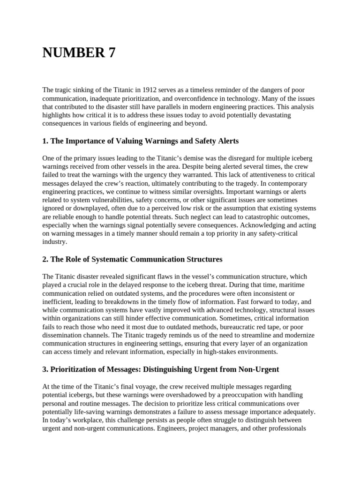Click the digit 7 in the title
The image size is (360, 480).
point(111,53)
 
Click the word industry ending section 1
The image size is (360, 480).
point(54,242)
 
